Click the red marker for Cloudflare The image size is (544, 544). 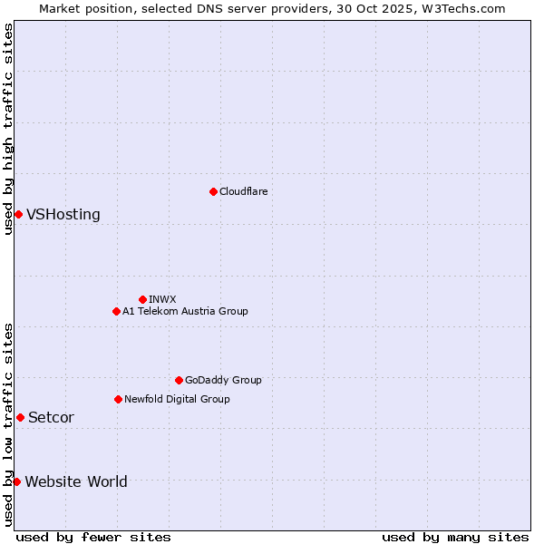[213, 191]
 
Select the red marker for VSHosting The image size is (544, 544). [18, 214]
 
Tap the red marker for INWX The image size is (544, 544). [142, 299]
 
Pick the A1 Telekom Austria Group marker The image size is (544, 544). [116, 311]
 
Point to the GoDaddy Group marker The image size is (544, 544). [179, 380]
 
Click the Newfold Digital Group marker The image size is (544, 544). [118, 399]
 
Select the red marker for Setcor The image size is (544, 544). [20, 417]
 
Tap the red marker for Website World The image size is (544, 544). [16, 481]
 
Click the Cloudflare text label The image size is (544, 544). [243, 191]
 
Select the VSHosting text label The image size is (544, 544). [63, 215]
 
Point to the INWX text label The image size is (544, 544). [162, 299]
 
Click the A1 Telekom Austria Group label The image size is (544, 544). [185, 311]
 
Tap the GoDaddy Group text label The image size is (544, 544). [223, 380]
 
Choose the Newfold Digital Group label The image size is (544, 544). [177, 399]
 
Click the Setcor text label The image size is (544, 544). [51, 418]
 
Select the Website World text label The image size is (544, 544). [76, 482]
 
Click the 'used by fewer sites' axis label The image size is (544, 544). [93, 537]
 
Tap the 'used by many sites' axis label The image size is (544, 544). [455, 537]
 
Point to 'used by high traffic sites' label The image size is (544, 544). [8, 129]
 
